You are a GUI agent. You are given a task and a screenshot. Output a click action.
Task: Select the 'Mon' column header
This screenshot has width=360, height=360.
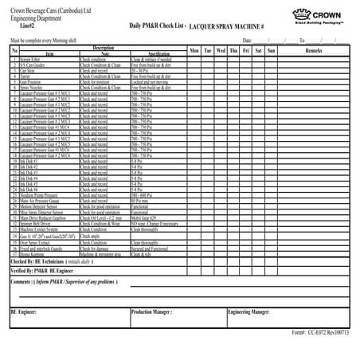click(194, 50)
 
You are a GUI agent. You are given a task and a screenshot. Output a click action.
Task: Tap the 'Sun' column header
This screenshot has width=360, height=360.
click(272, 50)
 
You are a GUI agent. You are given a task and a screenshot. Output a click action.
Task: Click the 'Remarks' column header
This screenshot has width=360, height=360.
click(313, 50)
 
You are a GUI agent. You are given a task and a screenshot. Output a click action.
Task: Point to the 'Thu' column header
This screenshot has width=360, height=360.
click(233, 50)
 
